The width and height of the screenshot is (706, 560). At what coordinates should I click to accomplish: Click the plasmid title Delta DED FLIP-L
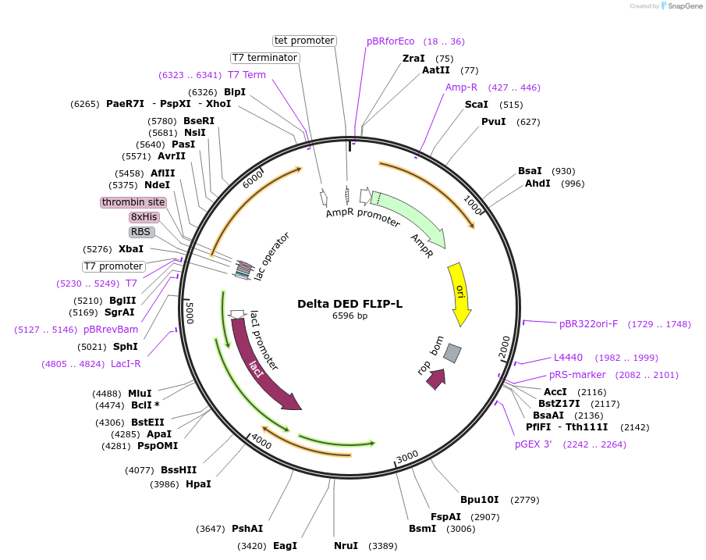[x=349, y=304]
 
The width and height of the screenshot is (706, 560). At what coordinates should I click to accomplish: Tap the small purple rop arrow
[x=436, y=379]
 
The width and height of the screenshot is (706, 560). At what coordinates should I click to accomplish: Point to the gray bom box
[x=452, y=353]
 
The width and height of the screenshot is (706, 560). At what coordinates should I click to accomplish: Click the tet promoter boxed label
[x=304, y=41]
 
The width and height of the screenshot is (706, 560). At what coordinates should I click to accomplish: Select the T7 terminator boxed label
[x=265, y=58]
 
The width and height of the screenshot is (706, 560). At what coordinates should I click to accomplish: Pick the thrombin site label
[x=133, y=202]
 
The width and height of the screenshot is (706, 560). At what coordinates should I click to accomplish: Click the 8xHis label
[x=144, y=217]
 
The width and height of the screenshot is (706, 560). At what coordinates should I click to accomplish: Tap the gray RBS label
[x=141, y=232]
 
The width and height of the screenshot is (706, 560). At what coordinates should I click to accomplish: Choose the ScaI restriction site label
[x=477, y=105]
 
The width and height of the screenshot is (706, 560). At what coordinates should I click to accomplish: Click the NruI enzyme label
[x=346, y=546]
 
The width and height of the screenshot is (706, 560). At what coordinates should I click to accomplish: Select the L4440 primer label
[x=568, y=358]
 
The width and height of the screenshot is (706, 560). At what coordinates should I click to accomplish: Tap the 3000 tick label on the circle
[x=407, y=456]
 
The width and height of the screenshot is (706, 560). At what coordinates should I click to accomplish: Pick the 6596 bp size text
[x=349, y=316]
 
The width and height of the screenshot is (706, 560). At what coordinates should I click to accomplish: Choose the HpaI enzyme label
[x=198, y=484]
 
